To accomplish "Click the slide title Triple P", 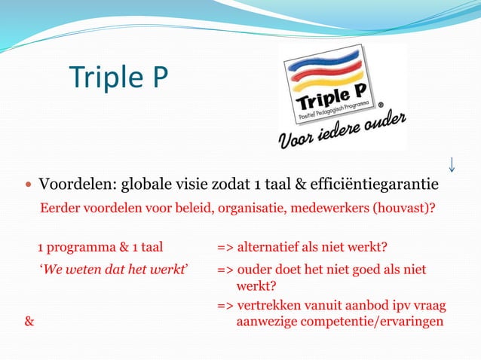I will [x=118, y=77].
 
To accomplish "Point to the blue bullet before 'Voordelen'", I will [x=29, y=185].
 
